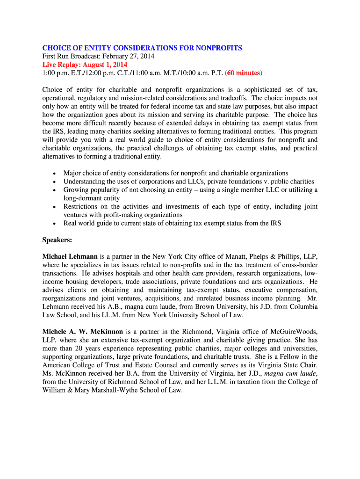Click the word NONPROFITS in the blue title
pos(219,48)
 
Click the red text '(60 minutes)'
pos(244,73)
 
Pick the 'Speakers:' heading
pos(57,240)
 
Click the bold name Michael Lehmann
pos(70,256)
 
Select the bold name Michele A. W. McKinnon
pos(83,332)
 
